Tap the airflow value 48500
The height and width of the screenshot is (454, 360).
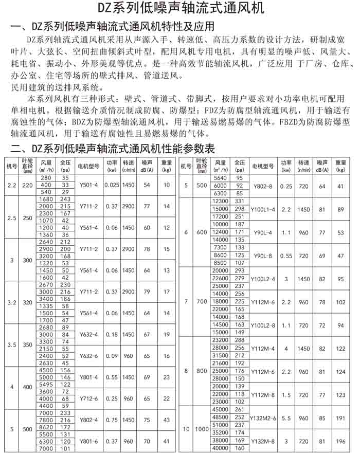[x=220, y=417]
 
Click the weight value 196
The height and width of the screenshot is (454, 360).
[x=340, y=441]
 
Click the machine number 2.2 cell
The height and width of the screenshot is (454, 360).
[x=11, y=185]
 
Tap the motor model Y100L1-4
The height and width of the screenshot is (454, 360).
[x=263, y=209]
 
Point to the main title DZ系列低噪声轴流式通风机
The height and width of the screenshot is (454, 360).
[x=179, y=9]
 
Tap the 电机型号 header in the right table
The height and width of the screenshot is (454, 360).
[x=263, y=167]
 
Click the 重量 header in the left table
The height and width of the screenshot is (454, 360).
[x=166, y=167]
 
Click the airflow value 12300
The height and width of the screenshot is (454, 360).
[x=220, y=201]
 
